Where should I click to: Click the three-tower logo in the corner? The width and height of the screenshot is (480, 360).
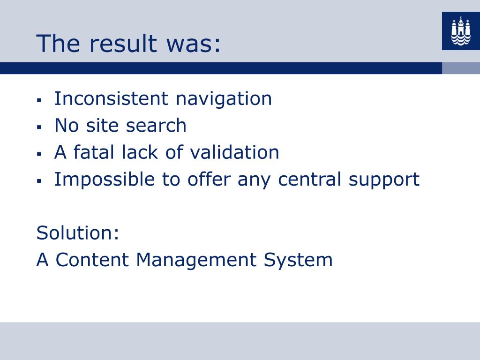461,31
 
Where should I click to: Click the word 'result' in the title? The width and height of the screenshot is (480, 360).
123,43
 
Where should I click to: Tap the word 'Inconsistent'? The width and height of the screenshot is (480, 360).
111,98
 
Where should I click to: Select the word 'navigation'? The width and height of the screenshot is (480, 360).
224,99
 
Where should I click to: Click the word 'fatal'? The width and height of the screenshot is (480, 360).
94,152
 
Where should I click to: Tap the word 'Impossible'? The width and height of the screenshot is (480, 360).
105,179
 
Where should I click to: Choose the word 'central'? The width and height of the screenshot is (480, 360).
309,179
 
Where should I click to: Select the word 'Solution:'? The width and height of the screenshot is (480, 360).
78,232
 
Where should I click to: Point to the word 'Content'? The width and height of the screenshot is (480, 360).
92,260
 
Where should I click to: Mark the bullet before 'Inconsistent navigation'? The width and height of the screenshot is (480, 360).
39,100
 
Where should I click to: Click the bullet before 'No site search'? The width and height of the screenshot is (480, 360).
39,127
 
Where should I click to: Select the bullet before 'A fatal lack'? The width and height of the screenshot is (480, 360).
39,154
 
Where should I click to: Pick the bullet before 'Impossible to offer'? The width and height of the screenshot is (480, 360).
39,180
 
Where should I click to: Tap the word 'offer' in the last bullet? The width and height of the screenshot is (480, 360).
209,179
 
